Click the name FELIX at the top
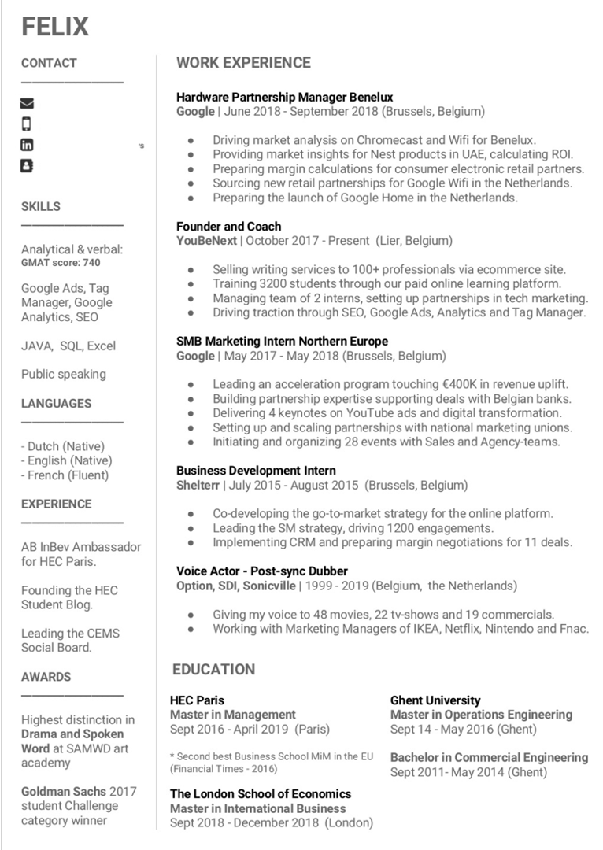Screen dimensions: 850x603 [55, 27]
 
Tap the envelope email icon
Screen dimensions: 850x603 [27, 103]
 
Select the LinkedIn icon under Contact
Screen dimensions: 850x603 [27, 145]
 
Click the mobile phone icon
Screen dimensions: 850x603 [27, 124]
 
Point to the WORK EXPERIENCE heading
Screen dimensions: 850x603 [243, 63]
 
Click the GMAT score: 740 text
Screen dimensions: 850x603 [61, 263]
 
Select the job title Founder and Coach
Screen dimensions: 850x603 [228, 227]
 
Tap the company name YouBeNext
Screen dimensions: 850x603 [206, 241]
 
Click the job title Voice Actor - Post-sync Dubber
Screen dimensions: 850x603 [262, 571]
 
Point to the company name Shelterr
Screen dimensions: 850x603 [198, 485]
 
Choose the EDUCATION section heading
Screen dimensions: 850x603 [214, 670]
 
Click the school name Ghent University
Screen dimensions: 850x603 [435, 700]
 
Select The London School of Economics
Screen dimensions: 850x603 [261, 794]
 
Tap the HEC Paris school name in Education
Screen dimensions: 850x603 [197, 700]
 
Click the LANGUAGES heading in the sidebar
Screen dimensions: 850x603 [56, 404]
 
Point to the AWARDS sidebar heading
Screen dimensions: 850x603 [46, 677]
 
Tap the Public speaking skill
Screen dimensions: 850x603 [63, 375]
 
